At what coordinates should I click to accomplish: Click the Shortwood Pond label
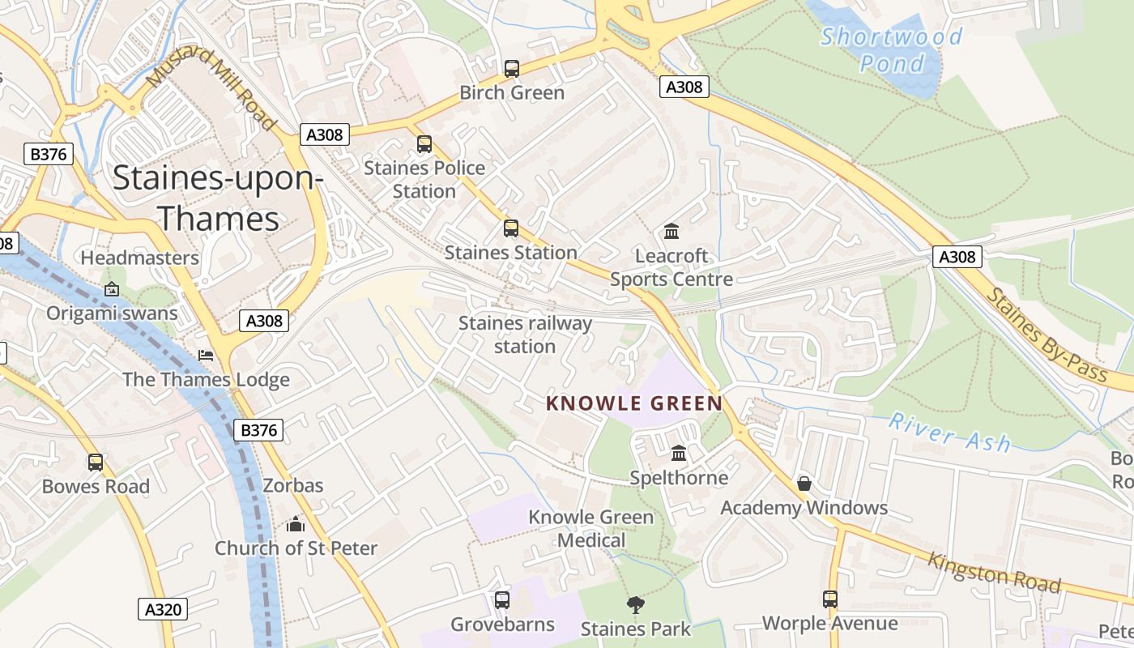[892, 49]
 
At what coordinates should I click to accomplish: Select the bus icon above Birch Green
[511, 69]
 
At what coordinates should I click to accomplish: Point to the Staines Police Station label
[424, 179]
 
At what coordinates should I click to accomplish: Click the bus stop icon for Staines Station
[510, 228]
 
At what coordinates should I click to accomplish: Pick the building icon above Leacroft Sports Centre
[671, 232]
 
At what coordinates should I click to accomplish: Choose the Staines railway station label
[525, 335]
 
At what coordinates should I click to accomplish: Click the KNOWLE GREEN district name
[634, 403]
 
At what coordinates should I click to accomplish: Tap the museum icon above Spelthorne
[679, 453]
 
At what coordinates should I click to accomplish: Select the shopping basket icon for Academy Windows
[804, 484]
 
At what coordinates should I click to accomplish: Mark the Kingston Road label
[994, 572]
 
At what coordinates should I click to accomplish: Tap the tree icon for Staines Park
[636, 603]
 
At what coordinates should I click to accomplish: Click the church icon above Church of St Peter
[296, 524]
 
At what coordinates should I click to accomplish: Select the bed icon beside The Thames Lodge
[206, 356]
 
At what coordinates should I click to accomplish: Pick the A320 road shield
[163, 609]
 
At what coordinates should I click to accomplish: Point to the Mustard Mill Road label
[211, 87]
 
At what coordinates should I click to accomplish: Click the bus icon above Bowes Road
[96, 463]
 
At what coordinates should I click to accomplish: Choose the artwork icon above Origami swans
[111, 289]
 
